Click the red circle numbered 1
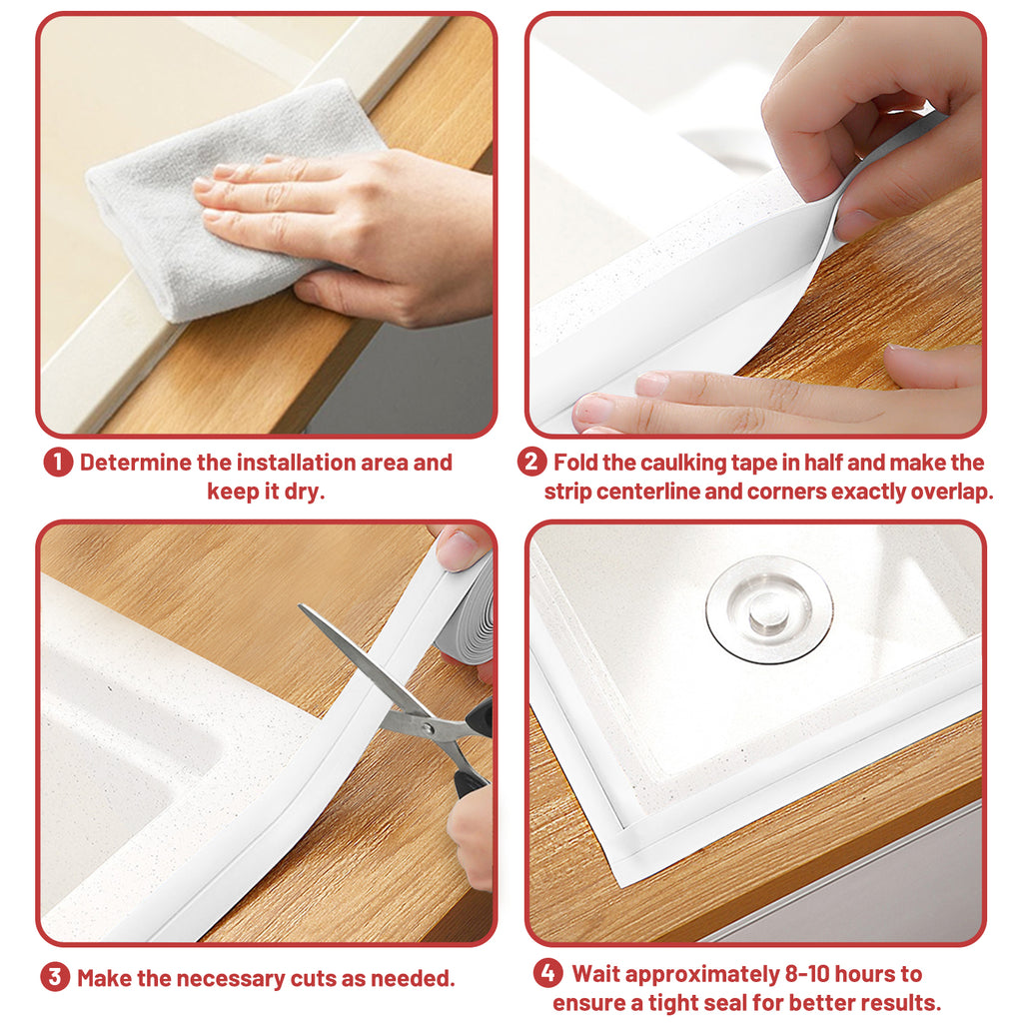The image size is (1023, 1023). tap(58, 464)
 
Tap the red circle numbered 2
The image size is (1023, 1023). tap(531, 464)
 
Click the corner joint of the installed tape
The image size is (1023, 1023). tap(621, 851)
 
